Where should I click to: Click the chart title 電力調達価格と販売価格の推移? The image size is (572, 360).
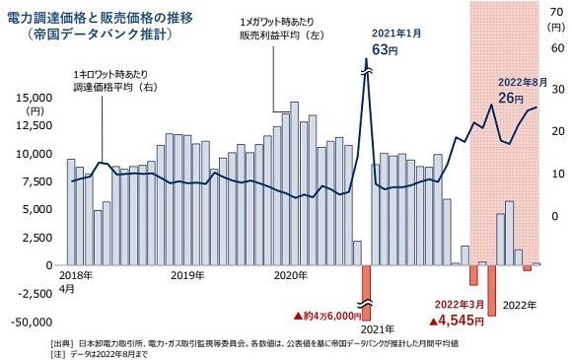coord(111,17)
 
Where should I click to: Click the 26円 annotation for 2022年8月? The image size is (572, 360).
coord(510,98)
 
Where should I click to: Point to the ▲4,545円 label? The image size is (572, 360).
coord(456,320)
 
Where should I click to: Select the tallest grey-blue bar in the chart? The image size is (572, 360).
coord(294,182)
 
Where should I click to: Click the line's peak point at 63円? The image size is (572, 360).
coord(366,61)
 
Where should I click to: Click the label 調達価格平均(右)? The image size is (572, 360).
coord(110,87)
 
